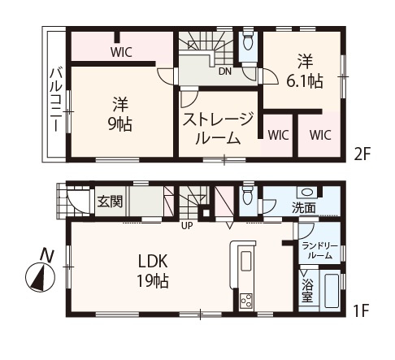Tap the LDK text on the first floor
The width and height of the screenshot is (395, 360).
point(153,262)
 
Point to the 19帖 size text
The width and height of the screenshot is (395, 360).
point(153,282)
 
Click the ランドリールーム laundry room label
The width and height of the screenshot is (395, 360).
point(317,250)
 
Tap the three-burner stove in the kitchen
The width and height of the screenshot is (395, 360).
point(245,298)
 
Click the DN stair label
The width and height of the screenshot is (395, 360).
point(224,70)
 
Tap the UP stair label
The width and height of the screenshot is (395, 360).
point(187,225)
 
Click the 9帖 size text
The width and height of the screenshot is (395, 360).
point(121,124)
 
